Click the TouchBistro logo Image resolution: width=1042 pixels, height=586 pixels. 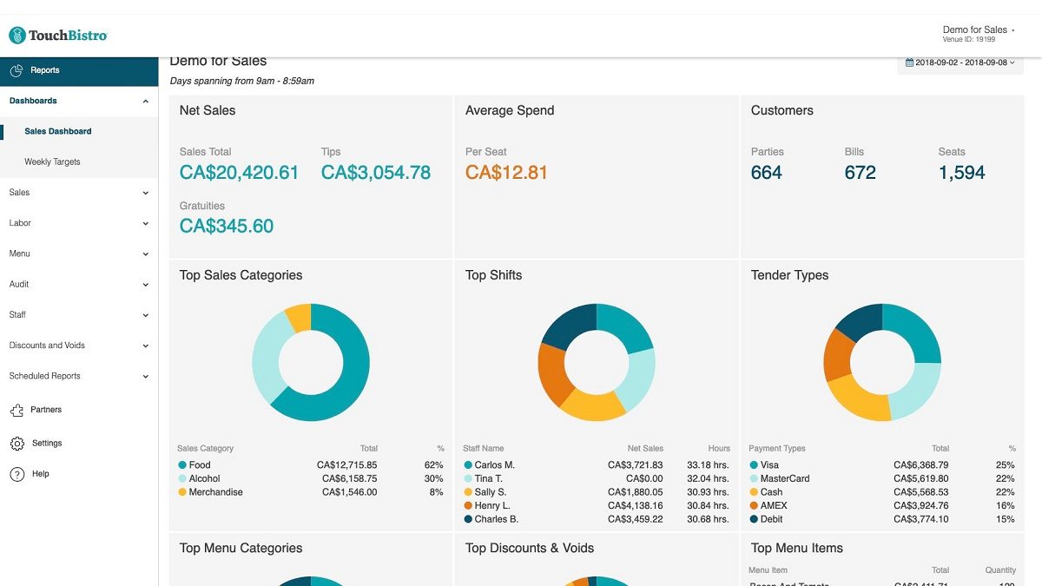tap(58, 36)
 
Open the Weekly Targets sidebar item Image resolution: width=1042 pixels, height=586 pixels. tap(52, 162)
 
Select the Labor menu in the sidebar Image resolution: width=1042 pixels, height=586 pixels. tap(20, 223)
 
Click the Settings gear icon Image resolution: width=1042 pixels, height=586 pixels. tap(17, 444)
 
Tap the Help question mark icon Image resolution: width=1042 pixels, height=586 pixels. tap(17, 474)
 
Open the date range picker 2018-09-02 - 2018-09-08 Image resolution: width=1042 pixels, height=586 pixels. tap(960, 63)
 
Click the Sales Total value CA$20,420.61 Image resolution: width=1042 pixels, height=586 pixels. tap(239, 173)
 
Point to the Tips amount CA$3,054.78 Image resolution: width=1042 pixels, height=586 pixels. tap(375, 173)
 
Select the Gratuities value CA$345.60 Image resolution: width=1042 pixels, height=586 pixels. tap(226, 227)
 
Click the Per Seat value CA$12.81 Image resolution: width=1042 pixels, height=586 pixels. tap(506, 173)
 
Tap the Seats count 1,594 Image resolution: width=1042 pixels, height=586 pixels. tap(961, 173)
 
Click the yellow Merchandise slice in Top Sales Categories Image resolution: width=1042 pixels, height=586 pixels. tap(299, 317)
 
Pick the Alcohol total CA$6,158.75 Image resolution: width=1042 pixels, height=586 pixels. tap(349, 478)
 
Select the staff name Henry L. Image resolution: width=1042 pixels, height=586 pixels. tap(492, 505)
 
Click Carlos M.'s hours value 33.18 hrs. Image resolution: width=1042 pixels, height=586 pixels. tap(708, 465)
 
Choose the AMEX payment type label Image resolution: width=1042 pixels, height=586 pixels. tap(774, 505)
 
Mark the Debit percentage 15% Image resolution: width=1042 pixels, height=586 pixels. tap(1005, 519)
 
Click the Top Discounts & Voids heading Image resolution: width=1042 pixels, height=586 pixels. tap(530, 549)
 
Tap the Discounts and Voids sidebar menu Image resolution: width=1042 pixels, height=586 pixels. tap(47, 346)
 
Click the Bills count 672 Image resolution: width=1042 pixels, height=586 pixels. tap(860, 173)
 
